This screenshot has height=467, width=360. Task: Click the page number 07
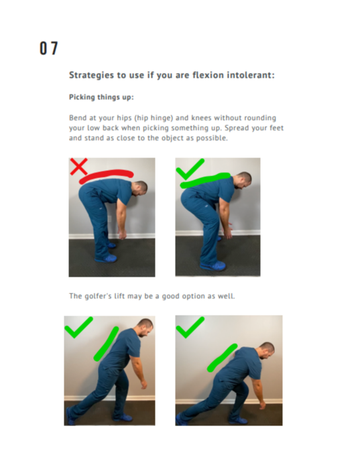(48, 48)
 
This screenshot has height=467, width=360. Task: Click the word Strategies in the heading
(91, 75)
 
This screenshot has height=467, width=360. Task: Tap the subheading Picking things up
(101, 97)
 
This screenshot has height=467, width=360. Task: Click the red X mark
(78, 166)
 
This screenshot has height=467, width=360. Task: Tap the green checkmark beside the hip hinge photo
(190, 169)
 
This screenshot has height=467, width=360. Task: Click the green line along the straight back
(205, 180)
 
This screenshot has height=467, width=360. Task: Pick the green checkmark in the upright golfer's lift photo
(78, 327)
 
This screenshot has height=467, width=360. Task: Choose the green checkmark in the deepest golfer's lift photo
(190, 327)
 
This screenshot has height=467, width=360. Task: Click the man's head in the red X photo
(139, 188)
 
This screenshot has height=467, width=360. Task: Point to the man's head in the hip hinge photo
(243, 180)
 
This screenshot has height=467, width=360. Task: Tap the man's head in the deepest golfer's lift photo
(267, 350)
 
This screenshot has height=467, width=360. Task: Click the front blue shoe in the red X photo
(105, 258)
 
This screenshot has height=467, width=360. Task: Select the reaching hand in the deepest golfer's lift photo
(261, 404)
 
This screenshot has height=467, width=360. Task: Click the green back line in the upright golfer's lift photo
(106, 344)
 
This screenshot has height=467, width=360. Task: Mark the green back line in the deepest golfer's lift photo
(222, 358)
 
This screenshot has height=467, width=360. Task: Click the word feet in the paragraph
(276, 128)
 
